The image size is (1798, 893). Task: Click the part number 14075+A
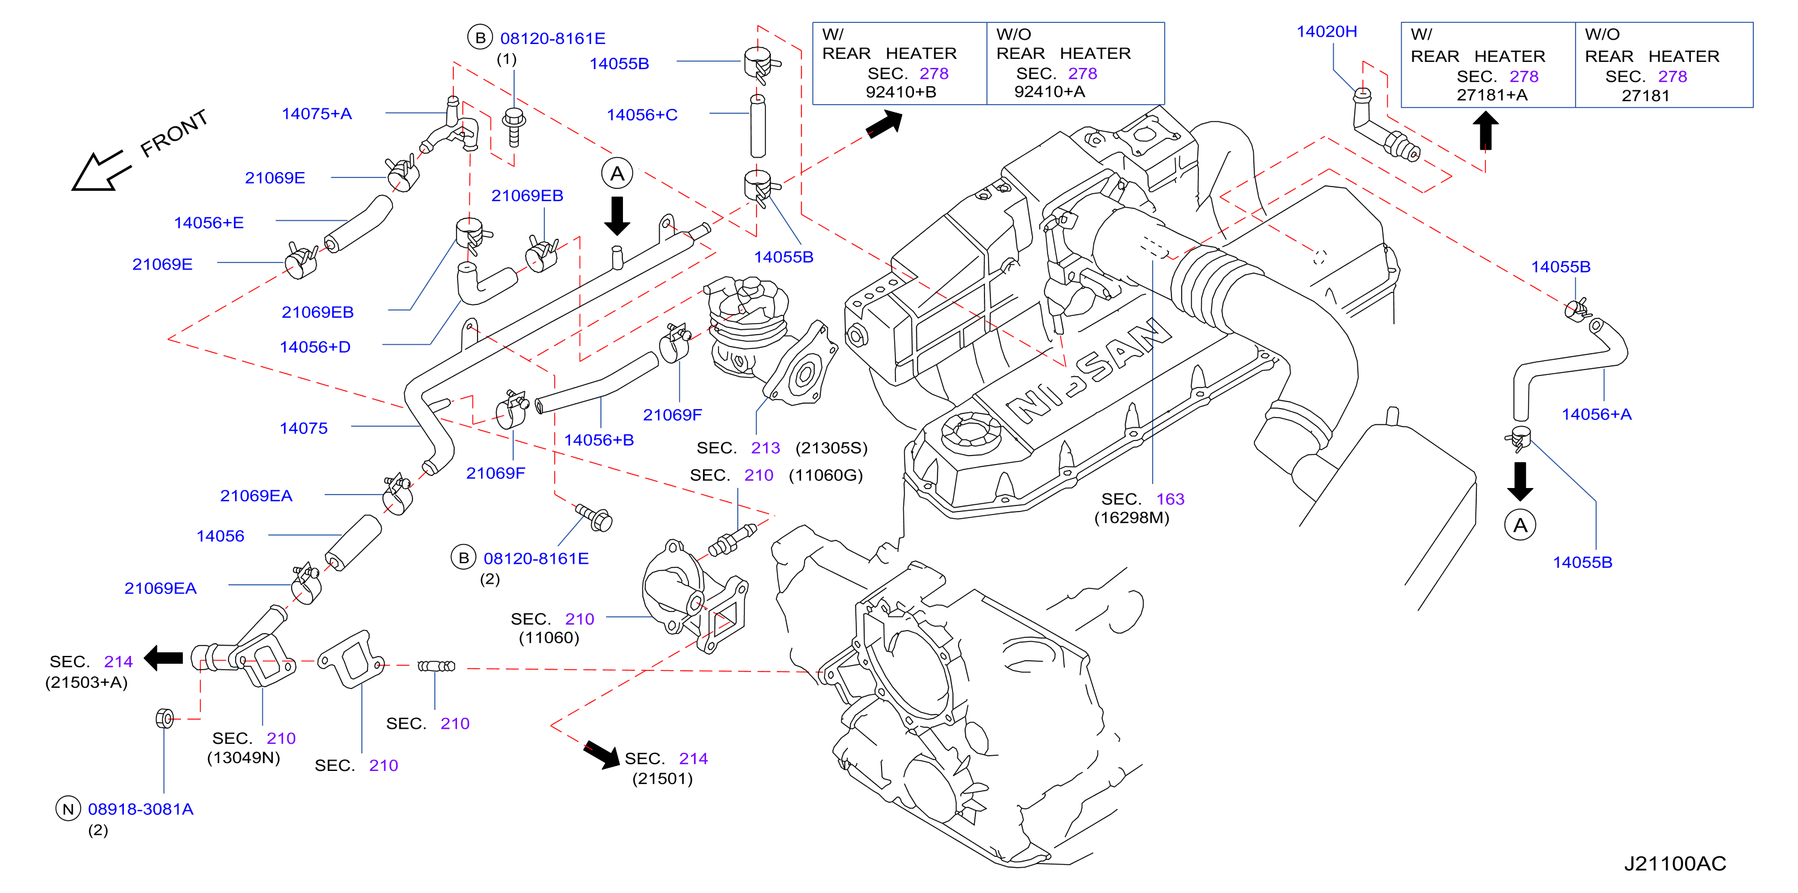pyautogui.click(x=316, y=114)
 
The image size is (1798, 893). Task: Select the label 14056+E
pyautogui.click(x=209, y=223)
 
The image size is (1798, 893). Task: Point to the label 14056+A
pyautogui.click(x=1597, y=414)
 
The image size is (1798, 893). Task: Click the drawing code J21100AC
pyautogui.click(x=1675, y=864)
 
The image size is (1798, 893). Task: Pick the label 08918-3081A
pyautogui.click(x=140, y=809)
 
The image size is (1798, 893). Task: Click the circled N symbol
pyautogui.click(x=68, y=809)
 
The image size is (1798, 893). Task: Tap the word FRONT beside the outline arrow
pyautogui.click(x=174, y=134)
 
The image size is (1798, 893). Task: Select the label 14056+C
pyautogui.click(x=642, y=114)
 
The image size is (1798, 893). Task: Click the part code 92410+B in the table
pyautogui.click(x=900, y=91)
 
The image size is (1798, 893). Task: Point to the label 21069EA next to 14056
pyautogui.click(x=256, y=496)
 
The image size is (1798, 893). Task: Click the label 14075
pyautogui.click(x=304, y=428)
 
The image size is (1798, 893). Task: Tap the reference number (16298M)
pyautogui.click(x=1132, y=518)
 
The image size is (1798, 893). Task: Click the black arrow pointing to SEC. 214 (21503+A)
pyautogui.click(x=164, y=658)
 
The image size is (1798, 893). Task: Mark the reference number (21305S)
pyautogui.click(x=831, y=448)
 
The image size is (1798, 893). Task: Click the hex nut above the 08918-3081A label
pyautogui.click(x=165, y=718)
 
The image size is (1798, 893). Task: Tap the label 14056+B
pyautogui.click(x=599, y=440)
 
